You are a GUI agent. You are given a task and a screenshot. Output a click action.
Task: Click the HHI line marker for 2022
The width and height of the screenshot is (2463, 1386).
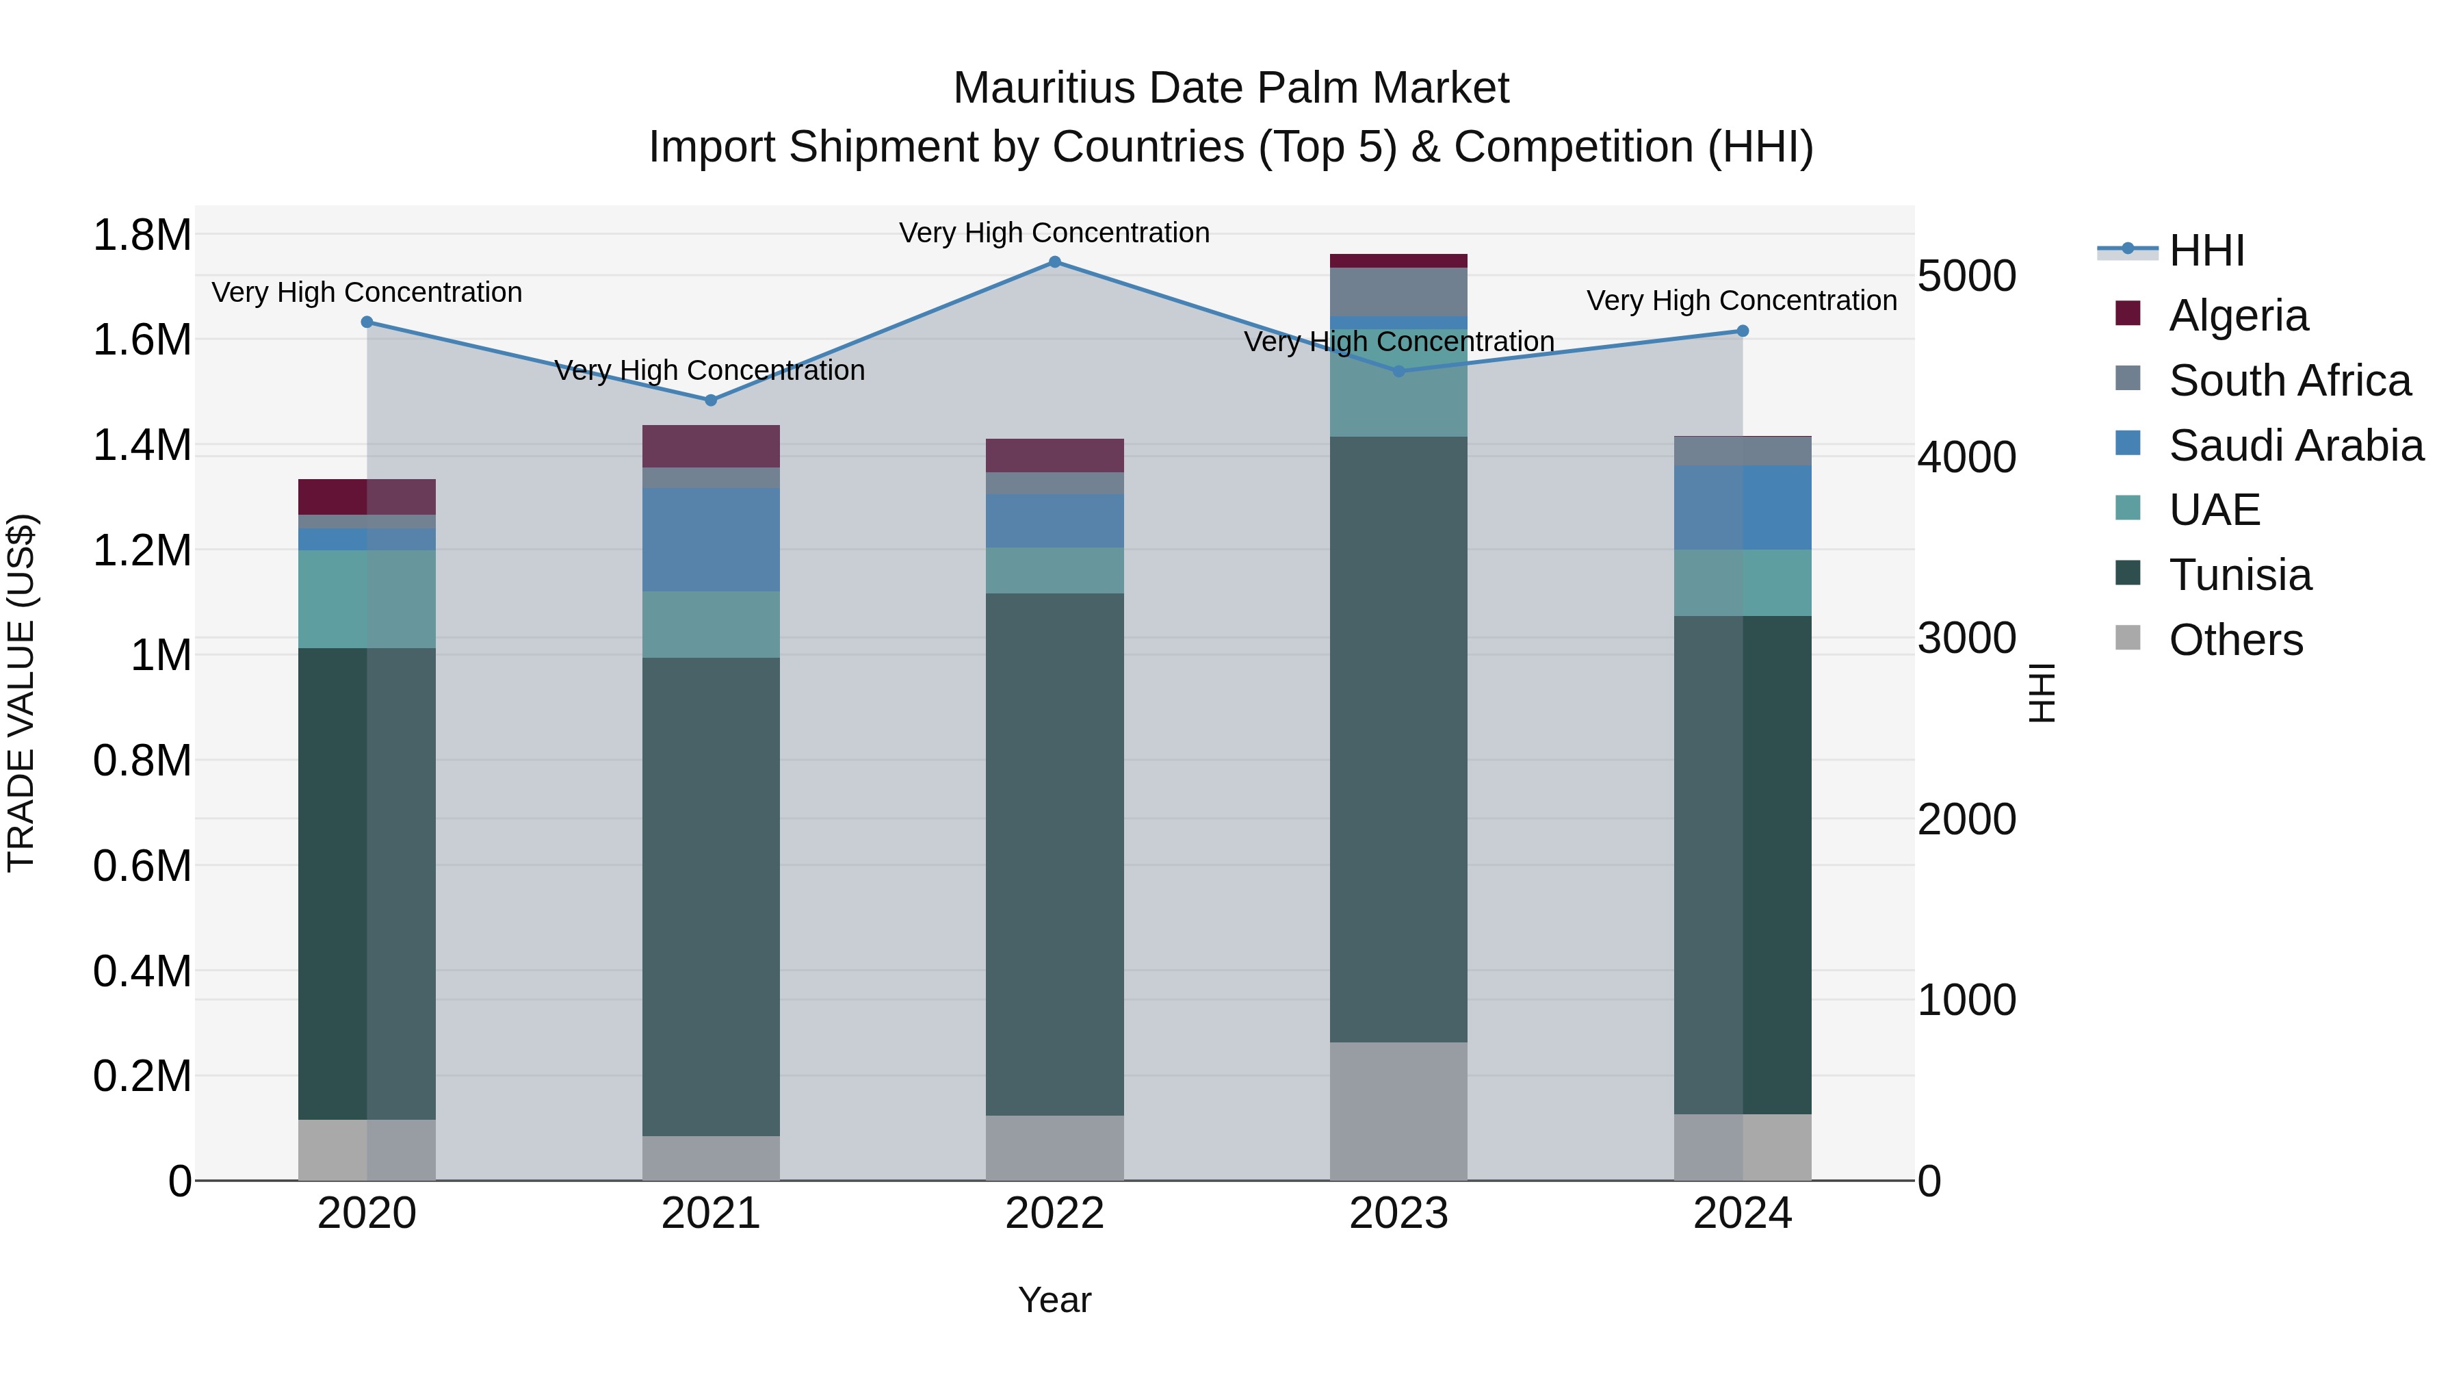click(x=1054, y=262)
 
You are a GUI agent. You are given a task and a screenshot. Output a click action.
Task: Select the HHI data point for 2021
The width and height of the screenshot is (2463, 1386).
click(x=710, y=400)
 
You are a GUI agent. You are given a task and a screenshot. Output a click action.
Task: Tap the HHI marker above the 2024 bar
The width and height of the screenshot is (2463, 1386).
click(x=1742, y=331)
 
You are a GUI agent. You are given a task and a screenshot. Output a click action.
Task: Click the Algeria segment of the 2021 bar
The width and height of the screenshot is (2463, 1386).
click(x=710, y=446)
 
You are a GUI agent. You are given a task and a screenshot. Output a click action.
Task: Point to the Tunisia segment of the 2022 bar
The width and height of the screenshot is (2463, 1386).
click(x=1054, y=854)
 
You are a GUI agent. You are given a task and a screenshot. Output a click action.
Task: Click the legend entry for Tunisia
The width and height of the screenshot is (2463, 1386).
click(x=2240, y=575)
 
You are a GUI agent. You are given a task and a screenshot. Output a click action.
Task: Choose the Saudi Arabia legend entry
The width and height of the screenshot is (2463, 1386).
click(x=2295, y=446)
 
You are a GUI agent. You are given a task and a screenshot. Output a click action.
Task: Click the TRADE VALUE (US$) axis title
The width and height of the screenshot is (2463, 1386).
click(x=22, y=693)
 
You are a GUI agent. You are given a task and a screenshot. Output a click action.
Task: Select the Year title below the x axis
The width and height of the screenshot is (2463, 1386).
click(x=1054, y=1300)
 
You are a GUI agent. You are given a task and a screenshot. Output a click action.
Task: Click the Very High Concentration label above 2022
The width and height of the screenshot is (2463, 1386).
click(x=1054, y=233)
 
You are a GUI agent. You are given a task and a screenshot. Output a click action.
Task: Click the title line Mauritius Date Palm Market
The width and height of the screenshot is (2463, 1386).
click(x=1231, y=88)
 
